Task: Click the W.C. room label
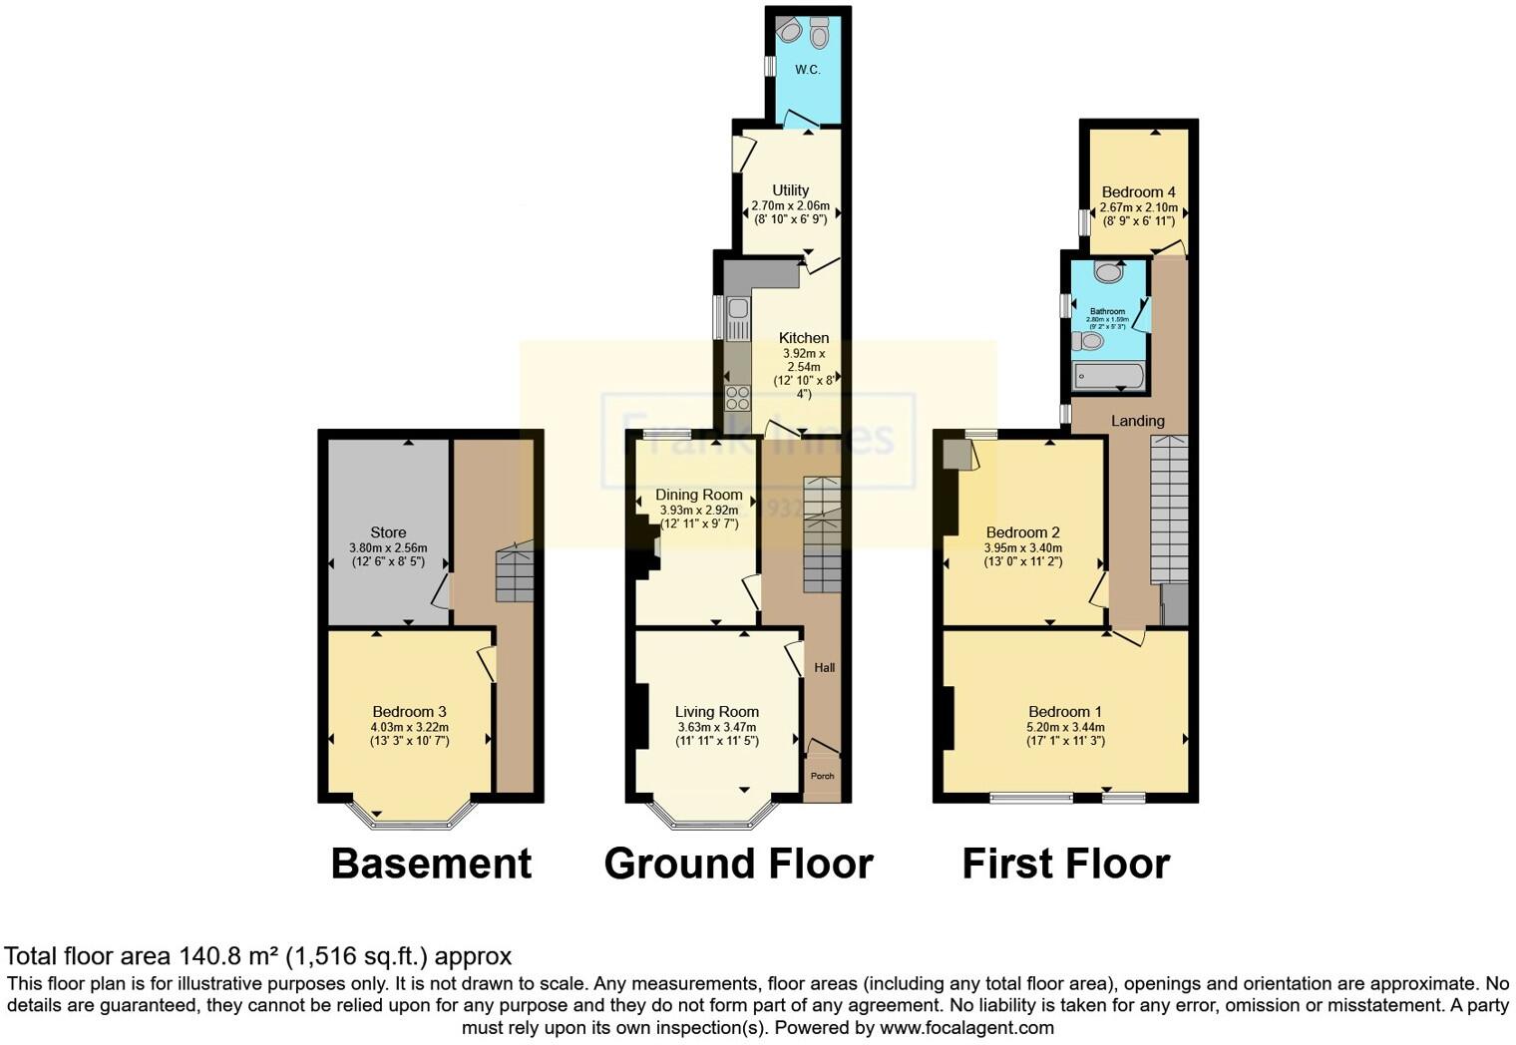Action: [807, 70]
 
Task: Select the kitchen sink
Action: [738, 318]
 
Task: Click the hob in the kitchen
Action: [737, 397]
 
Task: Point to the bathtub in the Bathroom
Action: [1108, 376]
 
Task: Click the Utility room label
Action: [790, 190]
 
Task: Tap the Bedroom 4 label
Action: [1138, 192]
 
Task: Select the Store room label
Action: [388, 532]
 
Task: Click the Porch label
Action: [822, 776]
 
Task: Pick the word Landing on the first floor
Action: [1137, 421]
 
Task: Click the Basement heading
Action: [431, 864]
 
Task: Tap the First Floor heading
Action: [1065, 864]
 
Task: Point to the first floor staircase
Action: [1169, 509]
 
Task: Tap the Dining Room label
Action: [698, 495]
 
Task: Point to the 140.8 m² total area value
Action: [228, 956]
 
